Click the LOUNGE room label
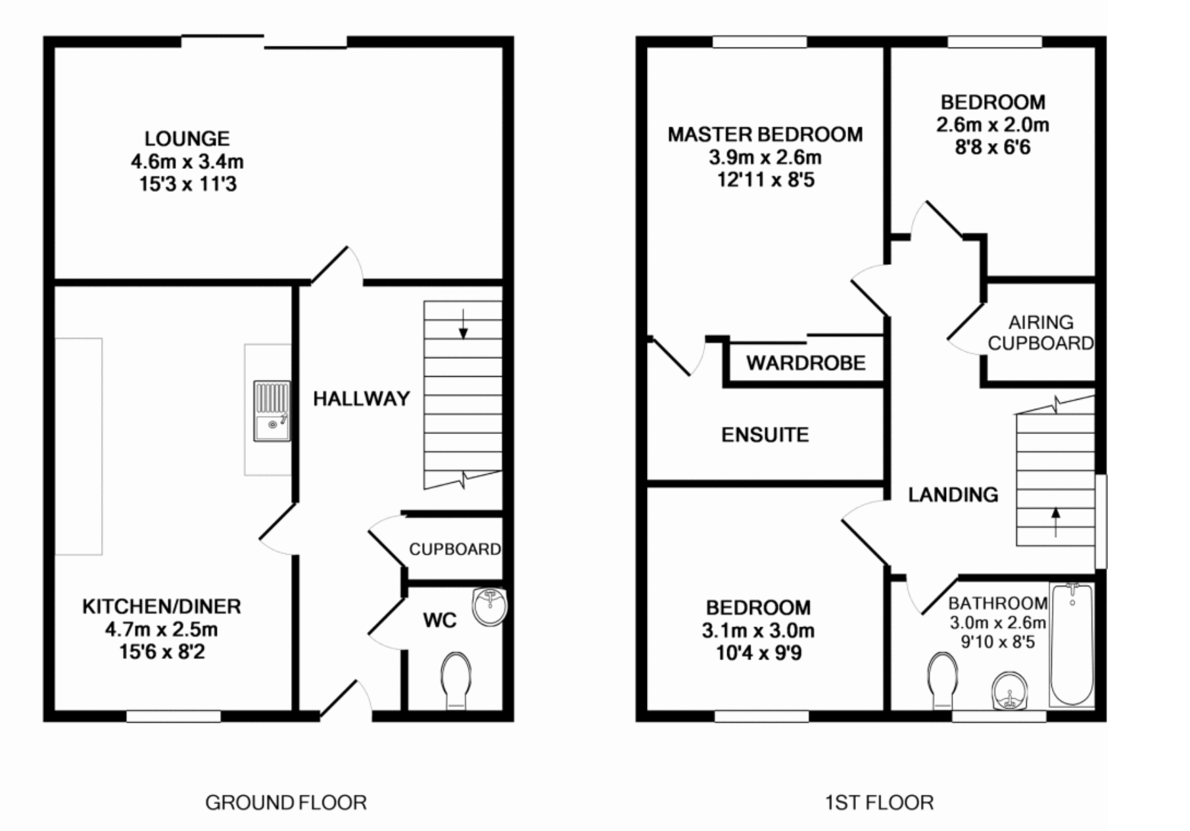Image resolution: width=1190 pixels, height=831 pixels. click(x=187, y=139)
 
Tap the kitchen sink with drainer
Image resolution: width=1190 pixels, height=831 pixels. click(x=272, y=411)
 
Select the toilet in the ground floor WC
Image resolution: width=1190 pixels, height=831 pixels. click(x=456, y=680)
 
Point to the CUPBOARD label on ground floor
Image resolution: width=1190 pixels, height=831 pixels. click(x=455, y=549)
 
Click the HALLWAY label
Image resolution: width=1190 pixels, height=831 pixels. click(x=361, y=398)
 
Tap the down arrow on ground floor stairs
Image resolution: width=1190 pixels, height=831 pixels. click(x=464, y=325)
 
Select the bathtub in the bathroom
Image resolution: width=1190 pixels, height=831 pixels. click(x=1072, y=644)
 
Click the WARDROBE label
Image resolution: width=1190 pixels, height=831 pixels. click(x=805, y=363)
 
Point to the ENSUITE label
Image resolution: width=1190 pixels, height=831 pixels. click(x=765, y=435)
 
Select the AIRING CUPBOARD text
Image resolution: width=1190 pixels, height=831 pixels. click(x=1040, y=333)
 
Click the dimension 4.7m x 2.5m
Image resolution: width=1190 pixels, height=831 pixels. click(x=161, y=629)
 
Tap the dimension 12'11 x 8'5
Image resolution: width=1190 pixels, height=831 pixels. click(x=765, y=179)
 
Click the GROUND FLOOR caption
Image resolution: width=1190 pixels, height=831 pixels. click(x=285, y=803)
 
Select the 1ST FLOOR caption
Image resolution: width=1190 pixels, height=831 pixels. click(x=879, y=803)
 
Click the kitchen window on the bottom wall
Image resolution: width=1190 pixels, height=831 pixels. click(x=174, y=717)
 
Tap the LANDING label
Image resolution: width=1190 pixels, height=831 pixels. click(x=953, y=494)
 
